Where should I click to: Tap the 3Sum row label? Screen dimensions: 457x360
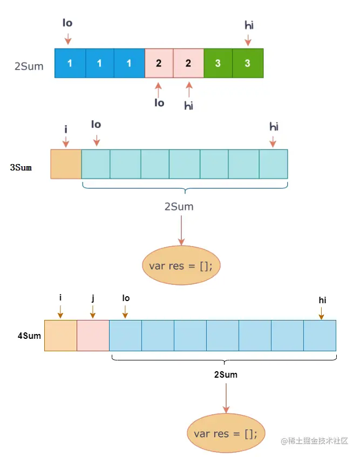pos(21,167)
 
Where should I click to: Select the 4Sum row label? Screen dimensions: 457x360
pos(29,336)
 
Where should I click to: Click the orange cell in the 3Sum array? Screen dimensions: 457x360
pos(66,164)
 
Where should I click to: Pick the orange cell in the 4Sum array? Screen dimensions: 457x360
pos(60,336)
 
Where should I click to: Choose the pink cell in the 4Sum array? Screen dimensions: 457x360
pos(93,336)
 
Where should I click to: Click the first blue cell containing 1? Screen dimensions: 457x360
pos(70,63)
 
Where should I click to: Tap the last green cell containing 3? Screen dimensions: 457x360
pos(248,63)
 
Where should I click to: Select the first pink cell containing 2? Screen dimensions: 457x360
pos(159,63)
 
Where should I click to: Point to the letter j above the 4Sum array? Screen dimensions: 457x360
pos(93,297)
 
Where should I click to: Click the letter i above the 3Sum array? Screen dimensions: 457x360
pos(65,129)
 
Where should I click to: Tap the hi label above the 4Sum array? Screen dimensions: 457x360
pos(322,300)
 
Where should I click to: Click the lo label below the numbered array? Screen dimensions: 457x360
pos(159,103)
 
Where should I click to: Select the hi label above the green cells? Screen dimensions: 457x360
pos(249,24)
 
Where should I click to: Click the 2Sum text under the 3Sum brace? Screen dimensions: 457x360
pos(179,207)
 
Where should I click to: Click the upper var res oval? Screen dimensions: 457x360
pos(181,265)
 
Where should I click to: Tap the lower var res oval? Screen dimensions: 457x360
pos(226,433)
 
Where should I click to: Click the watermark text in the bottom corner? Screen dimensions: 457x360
pos(314,441)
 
